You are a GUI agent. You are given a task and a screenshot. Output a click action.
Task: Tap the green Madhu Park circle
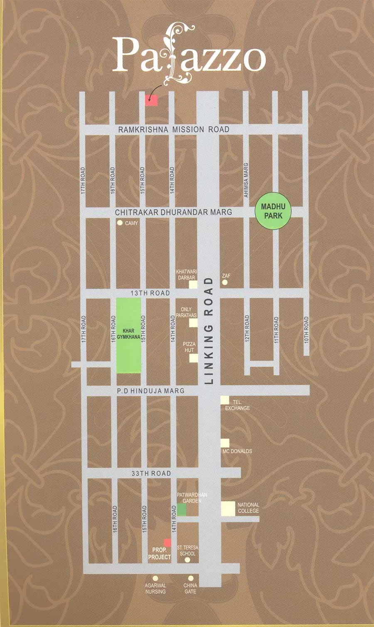(x=272, y=211)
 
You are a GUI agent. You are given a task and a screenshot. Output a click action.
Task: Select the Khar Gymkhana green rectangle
(x=128, y=335)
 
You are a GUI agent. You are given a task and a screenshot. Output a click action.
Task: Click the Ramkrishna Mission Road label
(x=173, y=130)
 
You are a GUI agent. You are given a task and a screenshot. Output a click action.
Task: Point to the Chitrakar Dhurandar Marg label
(x=173, y=212)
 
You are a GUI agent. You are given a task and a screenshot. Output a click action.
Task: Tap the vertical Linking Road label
(x=209, y=331)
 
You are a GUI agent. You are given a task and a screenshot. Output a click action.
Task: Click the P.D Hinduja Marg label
(x=150, y=391)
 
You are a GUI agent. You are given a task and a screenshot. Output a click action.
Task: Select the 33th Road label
(x=150, y=473)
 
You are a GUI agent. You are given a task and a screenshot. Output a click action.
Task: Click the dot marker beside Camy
(x=120, y=223)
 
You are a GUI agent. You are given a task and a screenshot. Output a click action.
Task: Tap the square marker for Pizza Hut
(x=193, y=358)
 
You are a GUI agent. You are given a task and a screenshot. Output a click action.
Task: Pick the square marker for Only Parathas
(x=193, y=323)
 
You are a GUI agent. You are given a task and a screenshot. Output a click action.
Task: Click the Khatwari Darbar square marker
(x=193, y=284)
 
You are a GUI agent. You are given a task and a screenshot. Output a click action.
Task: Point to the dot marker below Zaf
(x=225, y=282)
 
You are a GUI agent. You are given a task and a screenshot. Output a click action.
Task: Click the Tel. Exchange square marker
(x=225, y=400)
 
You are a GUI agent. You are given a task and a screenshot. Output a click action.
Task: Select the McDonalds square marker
(x=225, y=443)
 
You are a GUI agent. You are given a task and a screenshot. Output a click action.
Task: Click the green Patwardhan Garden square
(x=182, y=510)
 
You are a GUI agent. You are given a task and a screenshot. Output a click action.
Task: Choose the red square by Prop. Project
(x=167, y=543)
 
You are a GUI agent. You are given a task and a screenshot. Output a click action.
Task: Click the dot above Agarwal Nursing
(x=155, y=578)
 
